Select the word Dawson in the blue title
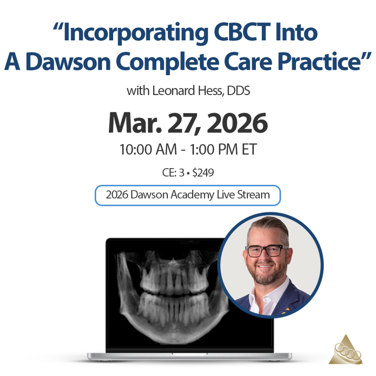point(68,62)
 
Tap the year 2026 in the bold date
point(237,123)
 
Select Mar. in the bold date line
point(135,123)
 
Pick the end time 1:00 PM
point(214,149)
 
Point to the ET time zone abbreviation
point(249,149)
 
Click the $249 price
point(203,173)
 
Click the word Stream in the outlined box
point(253,195)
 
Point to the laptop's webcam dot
point(191,241)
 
